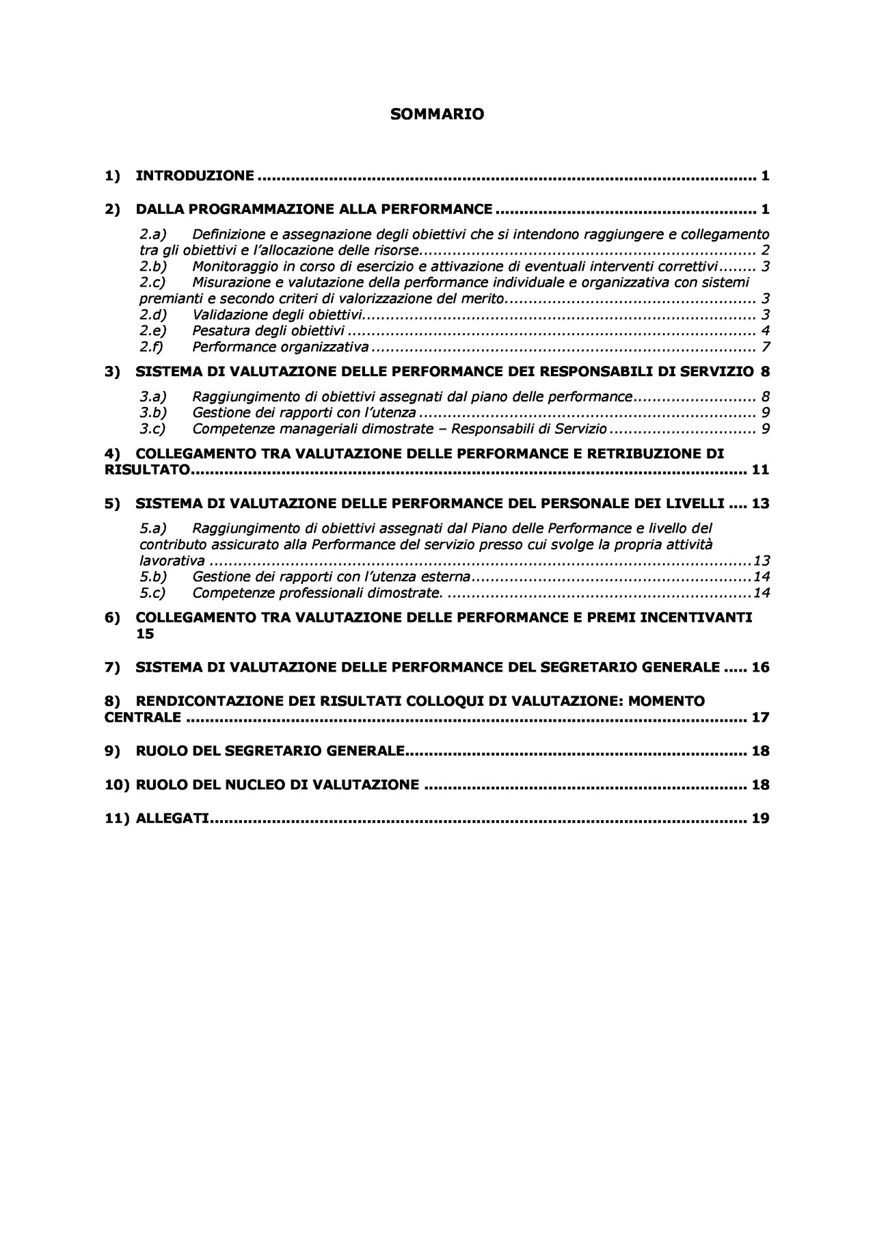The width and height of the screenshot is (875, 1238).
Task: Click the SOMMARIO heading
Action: coord(437,115)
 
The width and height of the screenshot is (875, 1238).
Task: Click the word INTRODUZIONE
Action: coord(195,176)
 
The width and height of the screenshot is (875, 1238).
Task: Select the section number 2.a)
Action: coord(153,235)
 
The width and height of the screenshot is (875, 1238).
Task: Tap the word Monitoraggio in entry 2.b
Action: coord(232,266)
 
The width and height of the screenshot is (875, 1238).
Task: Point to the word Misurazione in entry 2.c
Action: coord(229,282)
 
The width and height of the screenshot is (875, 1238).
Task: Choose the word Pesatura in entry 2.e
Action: coord(218,330)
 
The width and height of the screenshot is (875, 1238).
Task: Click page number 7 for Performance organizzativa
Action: coord(766,347)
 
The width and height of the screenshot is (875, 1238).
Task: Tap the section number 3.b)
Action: coord(153,412)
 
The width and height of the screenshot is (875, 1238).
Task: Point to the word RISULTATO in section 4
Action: coord(146,470)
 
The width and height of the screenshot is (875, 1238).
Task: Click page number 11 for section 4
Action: coord(760,470)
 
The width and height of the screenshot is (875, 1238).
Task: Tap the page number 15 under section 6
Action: coord(145,634)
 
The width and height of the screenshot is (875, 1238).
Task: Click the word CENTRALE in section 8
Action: coord(142,717)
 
